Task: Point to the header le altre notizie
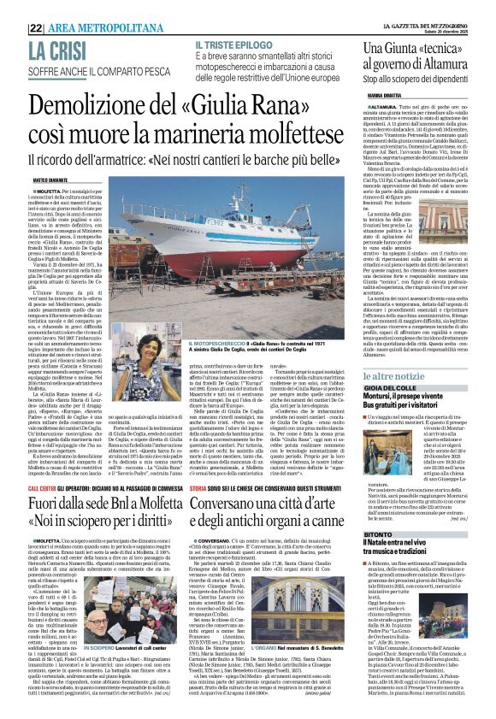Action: tap(402, 375)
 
